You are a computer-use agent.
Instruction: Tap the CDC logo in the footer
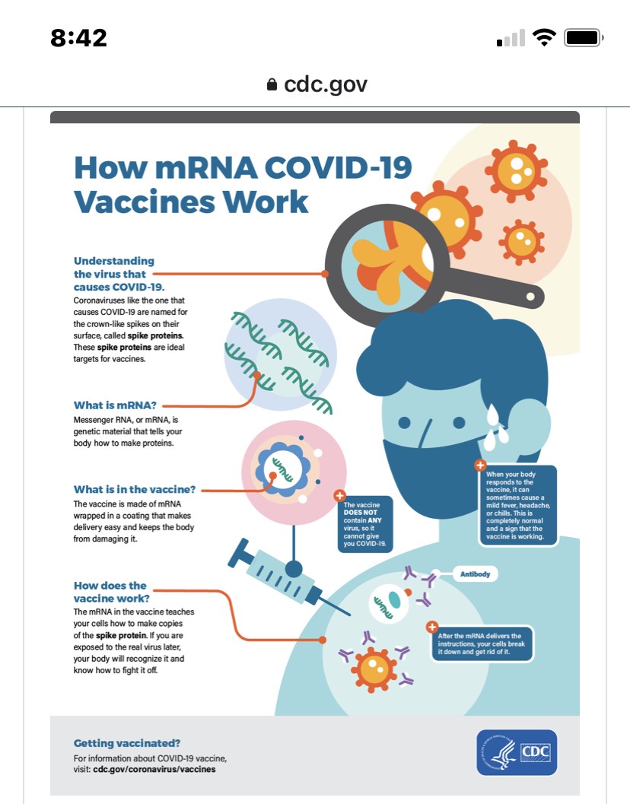(x=517, y=752)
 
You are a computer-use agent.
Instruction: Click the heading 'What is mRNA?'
(x=115, y=405)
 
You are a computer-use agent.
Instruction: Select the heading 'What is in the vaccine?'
(x=135, y=489)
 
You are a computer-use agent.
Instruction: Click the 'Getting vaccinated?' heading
(x=126, y=743)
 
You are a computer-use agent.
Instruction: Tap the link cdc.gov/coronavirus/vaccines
(x=154, y=769)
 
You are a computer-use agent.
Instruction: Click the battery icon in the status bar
(x=584, y=37)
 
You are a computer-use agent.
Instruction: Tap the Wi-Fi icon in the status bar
(x=544, y=37)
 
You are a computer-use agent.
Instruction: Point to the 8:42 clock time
(x=78, y=37)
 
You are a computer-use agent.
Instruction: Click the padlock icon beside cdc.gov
(x=272, y=84)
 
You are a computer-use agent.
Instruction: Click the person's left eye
(x=405, y=422)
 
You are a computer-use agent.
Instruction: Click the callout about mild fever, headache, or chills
(x=518, y=505)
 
